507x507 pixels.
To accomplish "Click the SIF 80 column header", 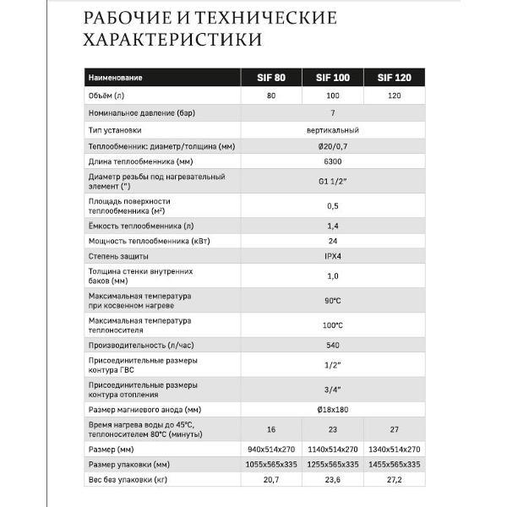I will (x=271, y=78).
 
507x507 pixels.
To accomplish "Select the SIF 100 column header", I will (x=331, y=78).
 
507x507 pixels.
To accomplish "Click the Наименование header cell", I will (x=116, y=78).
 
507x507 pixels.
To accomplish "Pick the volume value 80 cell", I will (x=271, y=95).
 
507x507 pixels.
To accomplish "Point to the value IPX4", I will (x=331, y=255).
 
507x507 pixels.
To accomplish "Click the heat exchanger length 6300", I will (x=331, y=161).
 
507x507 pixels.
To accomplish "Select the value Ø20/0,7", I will (x=331, y=145).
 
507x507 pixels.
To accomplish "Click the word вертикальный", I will (x=331, y=130).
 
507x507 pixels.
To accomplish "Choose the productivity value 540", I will (x=331, y=346).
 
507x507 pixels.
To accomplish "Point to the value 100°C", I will (x=331, y=325).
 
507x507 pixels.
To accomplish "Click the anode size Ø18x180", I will (x=331, y=409).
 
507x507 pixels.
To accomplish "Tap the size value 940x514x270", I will (x=271, y=448).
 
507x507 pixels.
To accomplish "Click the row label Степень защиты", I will (x=119, y=255).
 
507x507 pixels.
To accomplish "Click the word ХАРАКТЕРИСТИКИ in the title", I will (x=172, y=40).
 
